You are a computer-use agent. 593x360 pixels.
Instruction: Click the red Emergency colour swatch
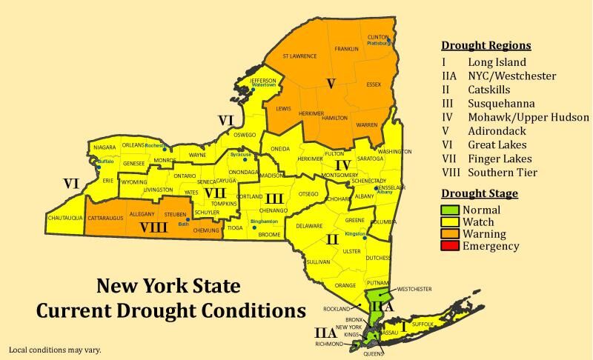[451, 247]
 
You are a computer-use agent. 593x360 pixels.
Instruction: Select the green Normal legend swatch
[451, 210]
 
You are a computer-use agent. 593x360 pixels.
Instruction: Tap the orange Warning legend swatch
[451, 234]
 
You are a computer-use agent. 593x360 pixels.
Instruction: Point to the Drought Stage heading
[480, 193]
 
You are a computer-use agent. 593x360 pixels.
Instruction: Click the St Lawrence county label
[299, 56]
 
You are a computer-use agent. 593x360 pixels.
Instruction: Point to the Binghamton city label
[264, 221]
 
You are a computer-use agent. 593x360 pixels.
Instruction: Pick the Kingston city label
[356, 234]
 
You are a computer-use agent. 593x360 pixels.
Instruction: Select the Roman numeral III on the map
[274, 198]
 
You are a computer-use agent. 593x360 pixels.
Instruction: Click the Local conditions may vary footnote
[54, 349]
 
